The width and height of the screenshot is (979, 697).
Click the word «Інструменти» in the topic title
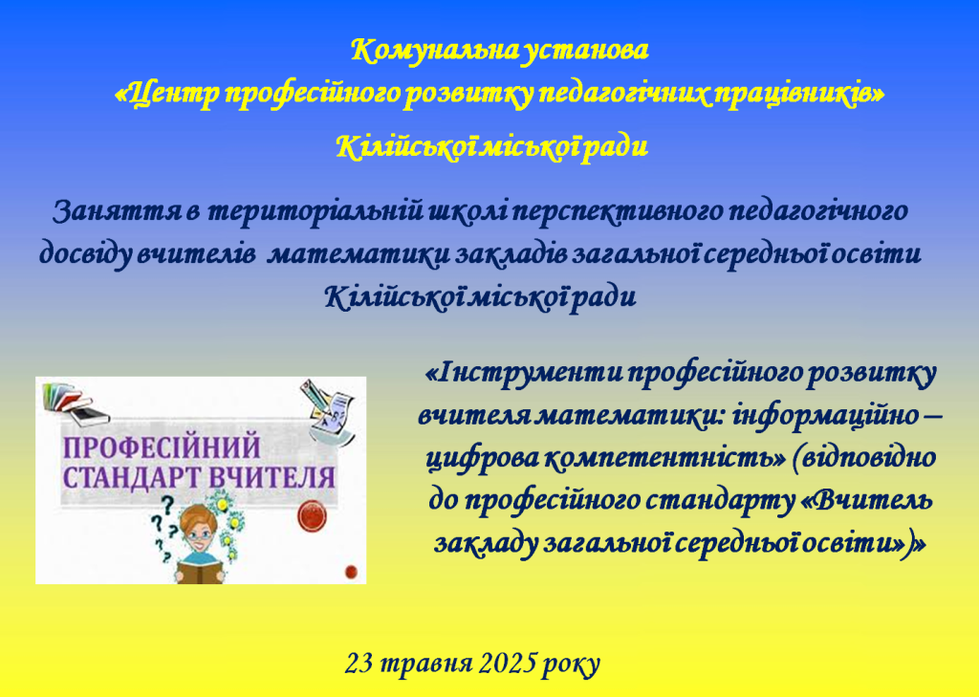click(524, 374)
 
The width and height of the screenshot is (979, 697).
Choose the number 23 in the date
click(359, 664)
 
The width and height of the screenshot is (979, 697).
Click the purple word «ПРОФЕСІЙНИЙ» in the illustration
click(162, 447)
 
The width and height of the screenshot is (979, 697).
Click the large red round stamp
click(313, 516)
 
